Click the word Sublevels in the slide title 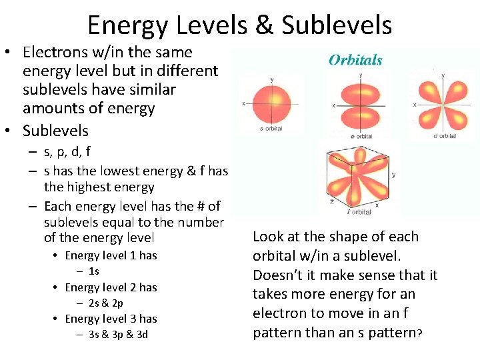point(337,26)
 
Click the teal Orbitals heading point(355,60)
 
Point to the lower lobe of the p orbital point(360,118)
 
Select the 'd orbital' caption point(444,136)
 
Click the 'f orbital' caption point(359,212)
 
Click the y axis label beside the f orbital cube point(393,175)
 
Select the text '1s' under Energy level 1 point(93,271)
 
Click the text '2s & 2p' point(105,303)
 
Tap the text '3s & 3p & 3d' point(118,334)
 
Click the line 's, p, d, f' point(67,151)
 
